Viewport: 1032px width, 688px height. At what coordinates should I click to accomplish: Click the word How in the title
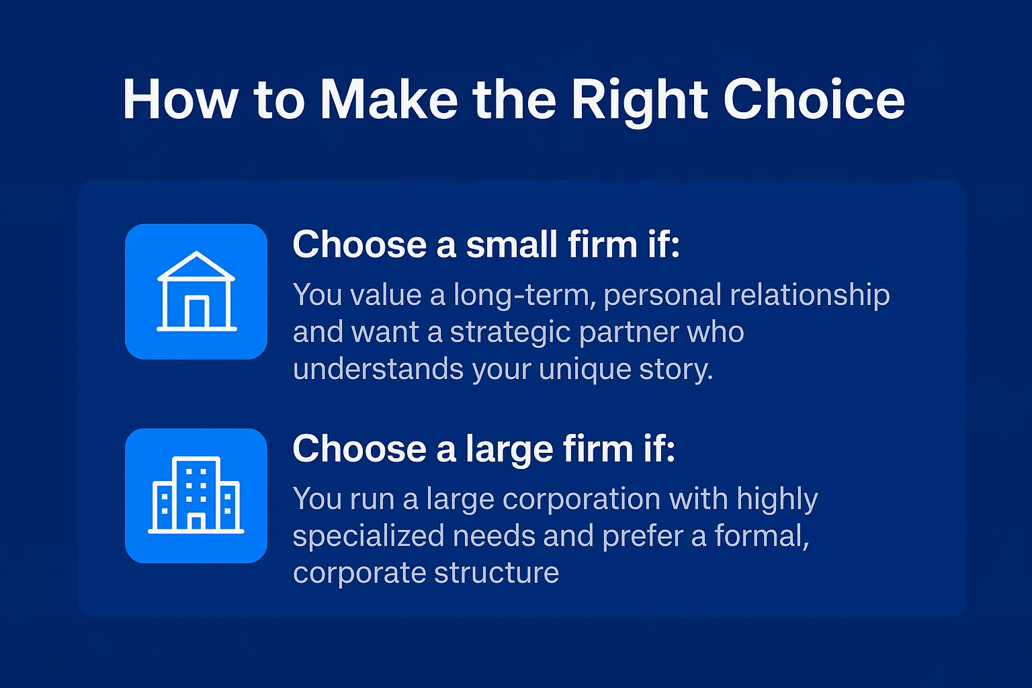click(180, 100)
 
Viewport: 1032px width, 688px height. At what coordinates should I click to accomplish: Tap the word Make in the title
click(388, 100)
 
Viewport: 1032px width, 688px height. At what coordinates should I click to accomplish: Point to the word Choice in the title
click(814, 100)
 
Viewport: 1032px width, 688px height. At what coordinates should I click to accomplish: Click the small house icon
click(196, 291)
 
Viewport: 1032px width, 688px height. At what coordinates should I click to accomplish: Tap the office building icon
click(196, 495)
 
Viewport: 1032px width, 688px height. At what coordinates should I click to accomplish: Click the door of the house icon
click(196, 312)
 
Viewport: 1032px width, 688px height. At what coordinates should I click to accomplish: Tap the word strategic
click(511, 333)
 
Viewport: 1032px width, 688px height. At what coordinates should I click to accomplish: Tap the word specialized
click(368, 536)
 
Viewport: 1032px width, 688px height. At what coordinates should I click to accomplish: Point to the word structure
click(497, 573)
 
